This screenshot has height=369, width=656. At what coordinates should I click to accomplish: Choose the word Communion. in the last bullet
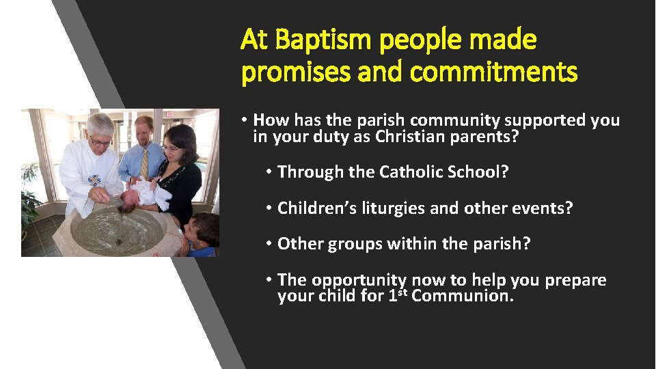click(463, 296)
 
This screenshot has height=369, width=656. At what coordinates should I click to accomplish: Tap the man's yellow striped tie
click(144, 163)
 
